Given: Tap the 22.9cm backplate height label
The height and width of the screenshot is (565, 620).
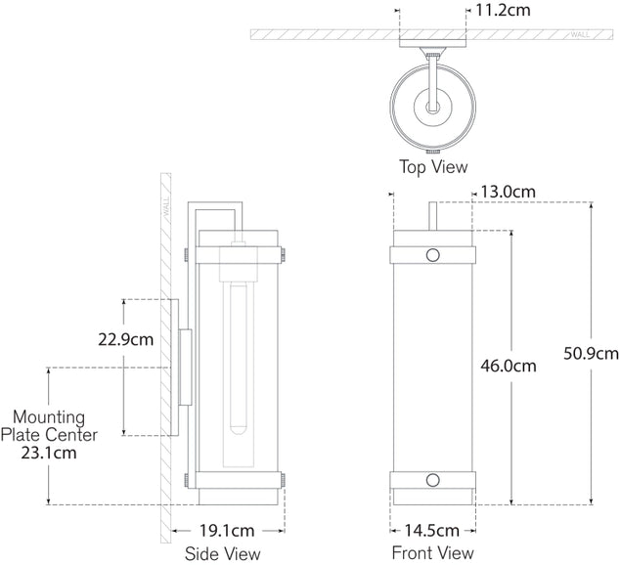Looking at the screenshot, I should (x=126, y=340).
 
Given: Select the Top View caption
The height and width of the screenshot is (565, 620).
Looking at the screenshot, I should (x=432, y=167).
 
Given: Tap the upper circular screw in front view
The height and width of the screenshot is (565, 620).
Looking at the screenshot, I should (x=433, y=256).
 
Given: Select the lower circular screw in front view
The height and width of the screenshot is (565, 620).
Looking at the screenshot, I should (x=433, y=481).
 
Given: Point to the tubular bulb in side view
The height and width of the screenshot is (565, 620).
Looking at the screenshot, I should (x=235, y=362).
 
